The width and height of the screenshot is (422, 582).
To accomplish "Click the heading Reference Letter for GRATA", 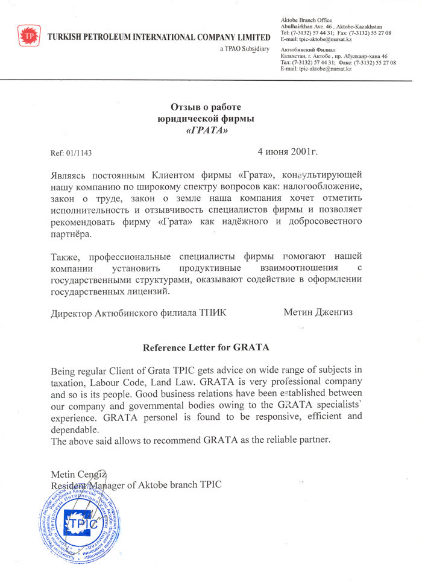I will point(206,347).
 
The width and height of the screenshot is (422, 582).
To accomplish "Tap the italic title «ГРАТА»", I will point(206,130).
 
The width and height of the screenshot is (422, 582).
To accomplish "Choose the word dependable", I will point(74,429).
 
